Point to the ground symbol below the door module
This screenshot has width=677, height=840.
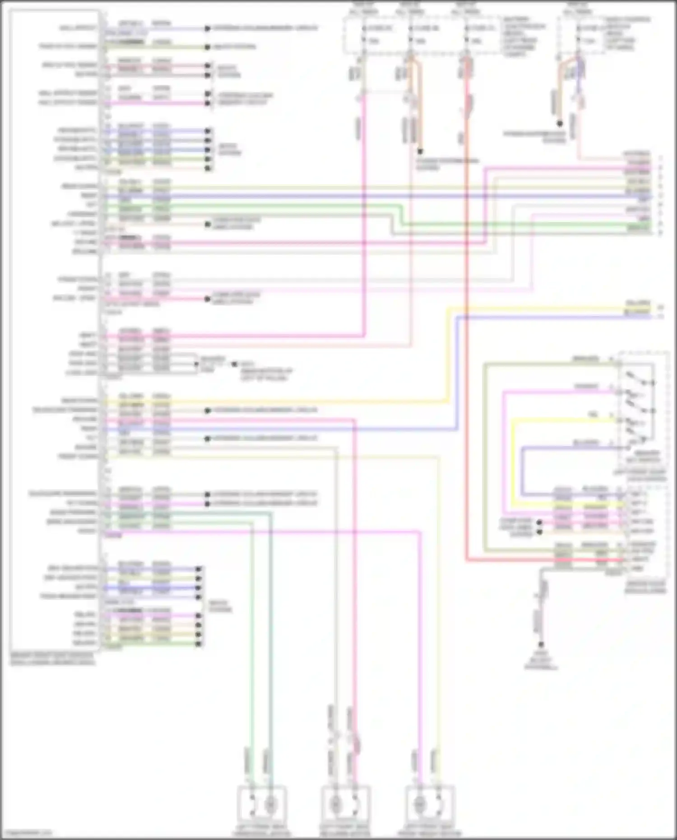coord(541,645)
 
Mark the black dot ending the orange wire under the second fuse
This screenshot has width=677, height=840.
coord(420,152)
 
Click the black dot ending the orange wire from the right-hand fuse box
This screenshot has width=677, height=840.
coord(560,123)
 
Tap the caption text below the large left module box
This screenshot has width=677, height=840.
coord(52,659)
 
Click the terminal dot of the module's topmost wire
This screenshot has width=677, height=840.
coord(207,28)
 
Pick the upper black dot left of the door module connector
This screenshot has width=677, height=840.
coord(539,523)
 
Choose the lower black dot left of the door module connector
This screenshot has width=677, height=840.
coord(539,532)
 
